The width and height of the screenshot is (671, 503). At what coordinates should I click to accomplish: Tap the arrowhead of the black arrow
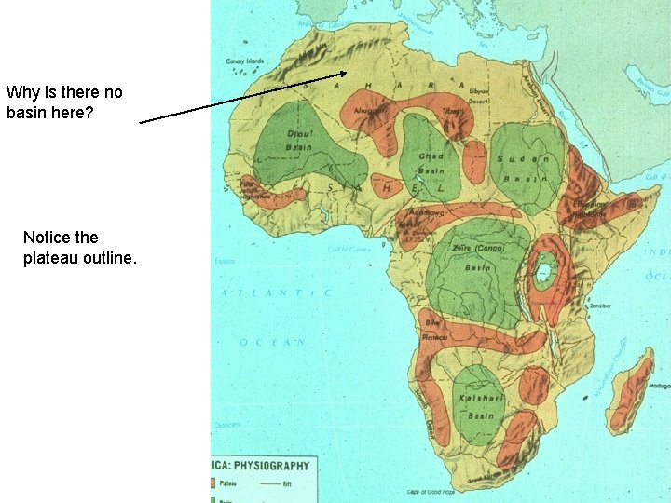(x=346, y=73)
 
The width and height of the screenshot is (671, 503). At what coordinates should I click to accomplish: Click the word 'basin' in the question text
(x=28, y=113)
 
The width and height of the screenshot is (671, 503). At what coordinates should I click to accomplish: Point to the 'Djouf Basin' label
(x=298, y=141)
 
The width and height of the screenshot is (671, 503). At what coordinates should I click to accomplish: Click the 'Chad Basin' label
(x=430, y=164)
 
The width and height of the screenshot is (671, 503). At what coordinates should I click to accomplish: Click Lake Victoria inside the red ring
(x=543, y=273)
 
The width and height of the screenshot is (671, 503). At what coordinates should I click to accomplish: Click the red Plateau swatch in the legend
(x=216, y=483)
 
